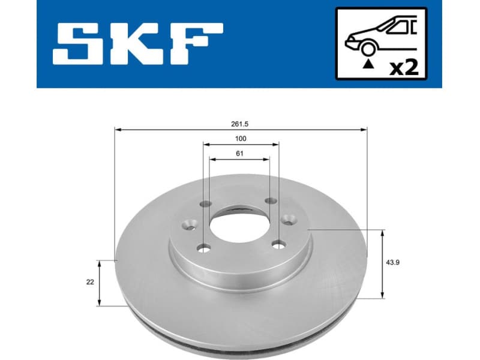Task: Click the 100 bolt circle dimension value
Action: (x=241, y=138)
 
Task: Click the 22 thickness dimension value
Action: (x=90, y=282)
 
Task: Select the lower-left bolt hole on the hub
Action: (x=204, y=248)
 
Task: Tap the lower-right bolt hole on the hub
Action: (x=277, y=244)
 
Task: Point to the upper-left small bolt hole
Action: (x=205, y=204)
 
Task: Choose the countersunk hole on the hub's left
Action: (x=188, y=226)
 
